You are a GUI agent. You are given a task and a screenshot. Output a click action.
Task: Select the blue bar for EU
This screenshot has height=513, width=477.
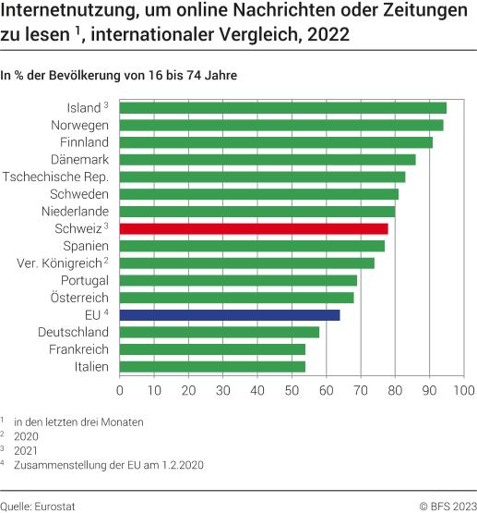230,315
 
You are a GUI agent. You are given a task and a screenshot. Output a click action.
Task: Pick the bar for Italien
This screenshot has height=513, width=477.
212,367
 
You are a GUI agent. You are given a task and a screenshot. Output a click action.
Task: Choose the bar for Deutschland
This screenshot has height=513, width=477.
220,332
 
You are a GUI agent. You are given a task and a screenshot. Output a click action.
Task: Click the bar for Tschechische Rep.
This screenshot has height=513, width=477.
262,177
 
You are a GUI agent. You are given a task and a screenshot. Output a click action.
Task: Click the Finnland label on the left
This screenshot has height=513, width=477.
84,142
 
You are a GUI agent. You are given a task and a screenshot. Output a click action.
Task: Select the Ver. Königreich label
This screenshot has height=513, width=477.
60,263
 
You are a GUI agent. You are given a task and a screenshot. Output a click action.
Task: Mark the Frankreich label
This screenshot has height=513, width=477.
79,349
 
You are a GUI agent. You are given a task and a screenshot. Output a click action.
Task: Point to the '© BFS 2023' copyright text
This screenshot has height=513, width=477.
447,505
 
